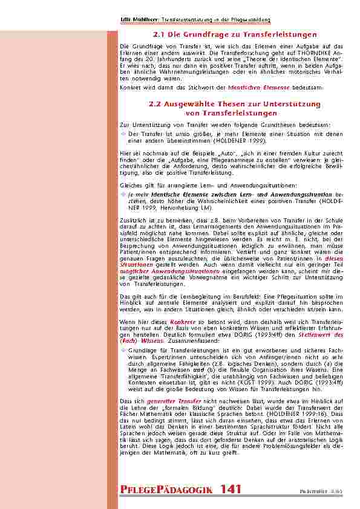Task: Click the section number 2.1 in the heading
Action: click(x=159, y=34)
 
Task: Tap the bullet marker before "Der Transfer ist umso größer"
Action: click(x=124, y=133)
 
